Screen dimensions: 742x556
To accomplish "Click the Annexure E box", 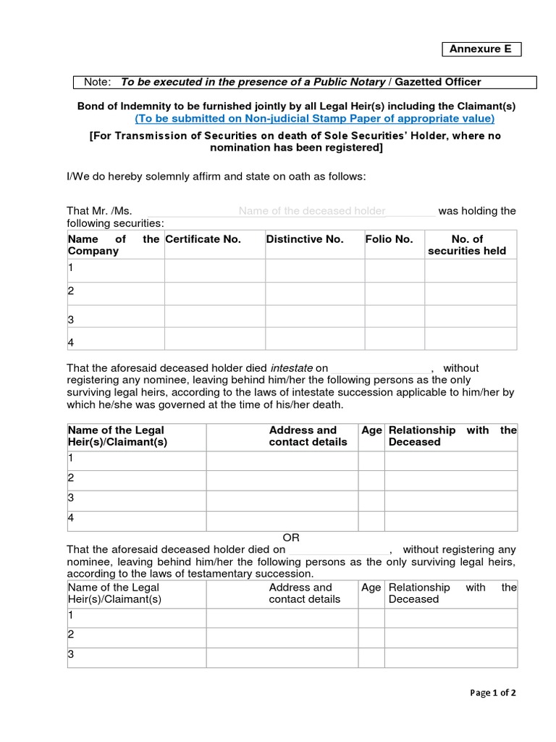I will [481, 49].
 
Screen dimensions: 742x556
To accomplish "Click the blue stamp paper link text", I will [314, 118].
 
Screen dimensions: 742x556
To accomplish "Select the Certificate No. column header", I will [203, 239].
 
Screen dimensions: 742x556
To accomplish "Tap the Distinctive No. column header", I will [305, 239].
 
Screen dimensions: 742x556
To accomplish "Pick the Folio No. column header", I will [389, 239].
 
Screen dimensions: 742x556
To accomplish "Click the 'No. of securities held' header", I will [467, 245].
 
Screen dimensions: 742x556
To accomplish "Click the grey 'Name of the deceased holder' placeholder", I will [312, 211].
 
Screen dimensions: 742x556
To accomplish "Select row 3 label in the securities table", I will [71, 319].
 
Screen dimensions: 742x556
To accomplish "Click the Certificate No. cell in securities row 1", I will [214, 270].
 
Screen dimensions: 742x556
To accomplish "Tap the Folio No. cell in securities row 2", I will [394, 293].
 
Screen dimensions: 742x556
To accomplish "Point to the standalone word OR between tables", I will [291, 538].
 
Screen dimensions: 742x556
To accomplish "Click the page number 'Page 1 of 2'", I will [493, 692].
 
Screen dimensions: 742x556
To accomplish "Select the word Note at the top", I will [98, 82].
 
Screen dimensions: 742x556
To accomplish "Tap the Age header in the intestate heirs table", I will [371, 430].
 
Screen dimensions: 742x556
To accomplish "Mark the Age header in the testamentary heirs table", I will [371, 588].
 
